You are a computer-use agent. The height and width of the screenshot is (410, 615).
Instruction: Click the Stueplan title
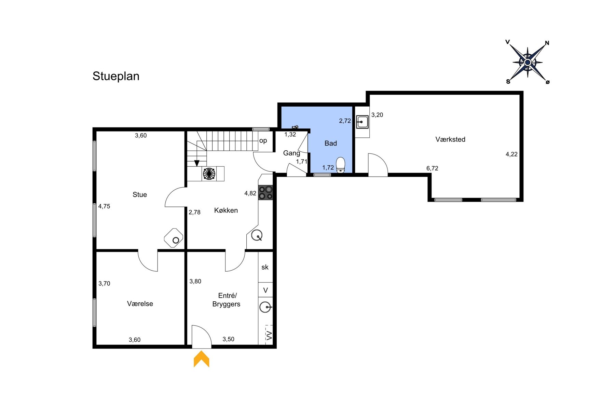(116, 76)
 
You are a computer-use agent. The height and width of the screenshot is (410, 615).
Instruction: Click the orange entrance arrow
(202, 359)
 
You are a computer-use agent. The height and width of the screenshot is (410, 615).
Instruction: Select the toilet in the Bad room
(341, 165)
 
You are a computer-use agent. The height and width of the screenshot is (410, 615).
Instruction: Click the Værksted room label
(450, 139)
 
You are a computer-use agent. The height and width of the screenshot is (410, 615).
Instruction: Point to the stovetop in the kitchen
(265, 193)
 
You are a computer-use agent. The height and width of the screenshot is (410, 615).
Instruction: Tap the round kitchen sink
(257, 235)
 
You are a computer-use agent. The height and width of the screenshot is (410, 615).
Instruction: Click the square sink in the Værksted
(362, 122)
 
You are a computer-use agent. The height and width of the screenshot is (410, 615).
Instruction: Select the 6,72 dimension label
(432, 168)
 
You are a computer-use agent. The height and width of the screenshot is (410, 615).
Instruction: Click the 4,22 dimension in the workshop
(511, 154)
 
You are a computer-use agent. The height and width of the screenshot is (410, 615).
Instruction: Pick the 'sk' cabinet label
(265, 267)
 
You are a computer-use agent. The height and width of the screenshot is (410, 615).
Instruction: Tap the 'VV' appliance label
(269, 335)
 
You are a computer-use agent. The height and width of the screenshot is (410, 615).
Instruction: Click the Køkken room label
(226, 210)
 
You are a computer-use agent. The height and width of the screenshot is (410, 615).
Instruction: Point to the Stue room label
(140, 195)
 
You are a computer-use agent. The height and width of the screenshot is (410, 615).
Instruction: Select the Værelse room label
(140, 304)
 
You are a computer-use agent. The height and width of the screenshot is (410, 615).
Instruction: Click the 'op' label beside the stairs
(263, 141)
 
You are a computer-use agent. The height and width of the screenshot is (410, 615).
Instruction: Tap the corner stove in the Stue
(174, 238)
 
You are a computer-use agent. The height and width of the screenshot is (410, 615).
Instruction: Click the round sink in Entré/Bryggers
(265, 307)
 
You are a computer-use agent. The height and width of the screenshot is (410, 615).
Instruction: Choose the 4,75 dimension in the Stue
(104, 206)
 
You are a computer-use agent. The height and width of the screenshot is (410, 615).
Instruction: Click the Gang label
(292, 153)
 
